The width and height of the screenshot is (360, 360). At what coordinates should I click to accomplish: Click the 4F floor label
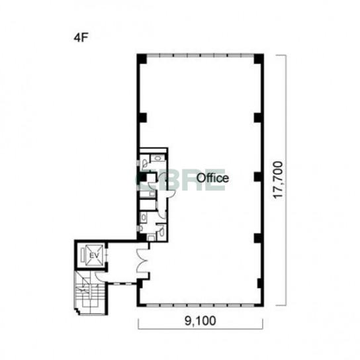coord(81,38)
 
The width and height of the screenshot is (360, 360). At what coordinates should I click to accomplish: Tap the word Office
coord(212,178)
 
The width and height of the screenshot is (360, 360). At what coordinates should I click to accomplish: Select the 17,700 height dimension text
coord(278,180)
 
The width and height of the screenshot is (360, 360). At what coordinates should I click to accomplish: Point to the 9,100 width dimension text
coord(201,320)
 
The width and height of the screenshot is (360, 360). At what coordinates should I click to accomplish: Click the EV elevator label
coord(94,255)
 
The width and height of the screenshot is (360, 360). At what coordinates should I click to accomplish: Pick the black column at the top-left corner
coord(142,58)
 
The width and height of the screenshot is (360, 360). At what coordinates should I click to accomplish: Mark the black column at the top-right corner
coord(259,58)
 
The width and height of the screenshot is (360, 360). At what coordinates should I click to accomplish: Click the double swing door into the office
coord(142,261)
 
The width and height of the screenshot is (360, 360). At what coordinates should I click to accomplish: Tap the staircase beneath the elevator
coord(91,293)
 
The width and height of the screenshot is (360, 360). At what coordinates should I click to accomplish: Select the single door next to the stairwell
coord(101,277)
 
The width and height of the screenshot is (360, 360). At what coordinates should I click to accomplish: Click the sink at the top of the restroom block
coord(157,157)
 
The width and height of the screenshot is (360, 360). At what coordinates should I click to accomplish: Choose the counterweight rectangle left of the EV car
coord(83,255)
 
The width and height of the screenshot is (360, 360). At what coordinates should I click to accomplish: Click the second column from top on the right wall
coord(258,118)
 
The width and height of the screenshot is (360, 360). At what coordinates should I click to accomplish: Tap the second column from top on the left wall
coord(142,118)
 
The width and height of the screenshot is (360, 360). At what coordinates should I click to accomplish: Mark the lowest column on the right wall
coord(259,283)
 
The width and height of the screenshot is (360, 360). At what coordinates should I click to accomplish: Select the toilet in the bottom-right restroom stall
coord(162,230)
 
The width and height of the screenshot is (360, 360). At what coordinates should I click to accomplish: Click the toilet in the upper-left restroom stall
coord(145,163)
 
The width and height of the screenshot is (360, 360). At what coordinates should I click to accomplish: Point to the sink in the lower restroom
coord(144,216)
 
